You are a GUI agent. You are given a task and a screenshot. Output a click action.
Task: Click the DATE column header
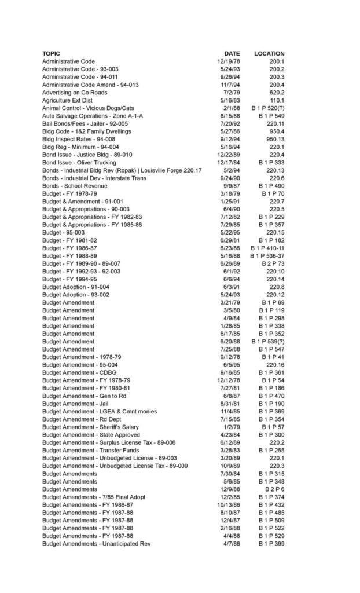pyautogui.click(x=232, y=53)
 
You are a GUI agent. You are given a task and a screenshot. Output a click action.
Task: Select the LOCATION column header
pyautogui.click(x=269, y=53)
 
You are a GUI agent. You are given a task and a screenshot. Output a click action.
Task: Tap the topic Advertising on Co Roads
pyautogui.click(x=75, y=93)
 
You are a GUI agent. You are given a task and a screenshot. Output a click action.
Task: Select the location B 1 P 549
pyautogui.click(x=271, y=116)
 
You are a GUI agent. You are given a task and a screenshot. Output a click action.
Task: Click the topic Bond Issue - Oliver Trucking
pyautogui.click(x=79, y=163)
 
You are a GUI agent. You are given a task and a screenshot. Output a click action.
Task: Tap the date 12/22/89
pyautogui.click(x=229, y=155)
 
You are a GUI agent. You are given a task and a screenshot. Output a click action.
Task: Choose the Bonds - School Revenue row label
pyautogui.click(x=74, y=186)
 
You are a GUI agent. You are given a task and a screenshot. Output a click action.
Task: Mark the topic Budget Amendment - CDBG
pyautogui.click(x=79, y=372)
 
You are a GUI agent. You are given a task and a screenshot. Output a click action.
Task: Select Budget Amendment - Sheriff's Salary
pyautogui.click(x=90, y=427)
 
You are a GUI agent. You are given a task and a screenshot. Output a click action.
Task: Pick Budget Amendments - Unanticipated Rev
pyautogui.click(x=96, y=544)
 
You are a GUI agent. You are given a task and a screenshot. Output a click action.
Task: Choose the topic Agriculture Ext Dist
pyautogui.click(x=67, y=100)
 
